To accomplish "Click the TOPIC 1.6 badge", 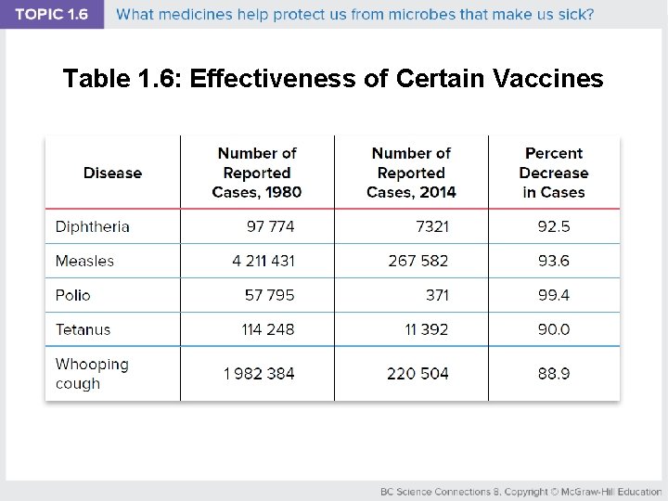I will click(x=51, y=15).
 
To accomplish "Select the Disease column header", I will click(x=112, y=173).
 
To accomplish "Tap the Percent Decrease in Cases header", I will click(x=554, y=173).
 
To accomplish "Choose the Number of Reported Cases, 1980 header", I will click(x=257, y=173).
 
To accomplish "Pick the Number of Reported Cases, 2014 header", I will click(x=411, y=173).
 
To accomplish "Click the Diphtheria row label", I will click(x=93, y=226).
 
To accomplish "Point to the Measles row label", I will click(x=84, y=261).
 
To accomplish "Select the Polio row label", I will click(x=73, y=295).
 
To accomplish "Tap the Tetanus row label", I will click(x=83, y=329).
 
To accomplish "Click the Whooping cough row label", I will click(x=92, y=374).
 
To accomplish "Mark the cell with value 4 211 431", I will click(x=263, y=261).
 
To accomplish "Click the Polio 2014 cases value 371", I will click(x=437, y=295).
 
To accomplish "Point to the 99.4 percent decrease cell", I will click(x=554, y=295).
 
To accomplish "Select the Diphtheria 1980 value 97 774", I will click(x=270, y=226).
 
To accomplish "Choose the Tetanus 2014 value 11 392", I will click(x=427, y=329).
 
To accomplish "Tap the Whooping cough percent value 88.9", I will click(x=554, y=374).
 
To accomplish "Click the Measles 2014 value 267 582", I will click(x=418, y=261).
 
